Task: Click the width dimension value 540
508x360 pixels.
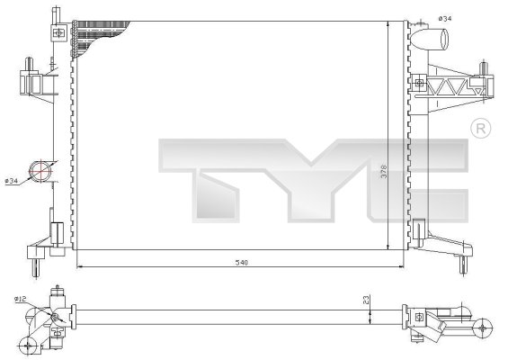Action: coord(241,263)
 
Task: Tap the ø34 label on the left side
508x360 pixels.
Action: coord(13,182)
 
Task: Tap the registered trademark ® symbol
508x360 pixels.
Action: coord(479,130)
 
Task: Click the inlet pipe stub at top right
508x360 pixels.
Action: coord(436,40)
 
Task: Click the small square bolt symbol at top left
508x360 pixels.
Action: coord(59,33)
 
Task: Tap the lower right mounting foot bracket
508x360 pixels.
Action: coord(450,246)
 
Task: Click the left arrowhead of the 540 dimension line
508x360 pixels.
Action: coord(80,266)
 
